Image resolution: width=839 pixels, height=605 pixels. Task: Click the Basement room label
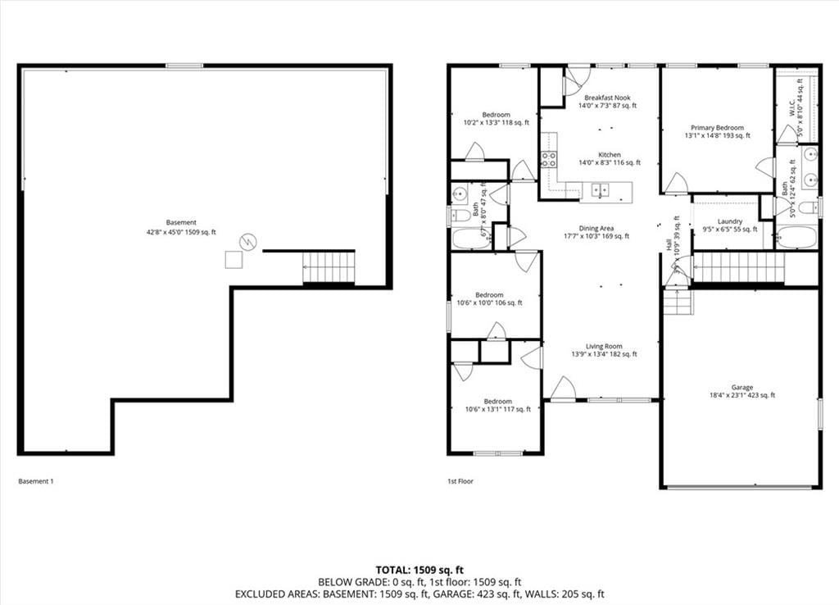(x=181, y=228)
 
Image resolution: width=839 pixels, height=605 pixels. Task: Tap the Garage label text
(x=742, y=391)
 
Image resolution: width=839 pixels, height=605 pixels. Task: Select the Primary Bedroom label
(x=717, y=132)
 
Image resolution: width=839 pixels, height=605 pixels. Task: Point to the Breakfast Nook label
(x=607, y=102)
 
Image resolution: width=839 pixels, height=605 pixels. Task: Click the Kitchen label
(x=610, y=158)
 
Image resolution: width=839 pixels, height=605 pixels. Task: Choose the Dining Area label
(x=596, y=232)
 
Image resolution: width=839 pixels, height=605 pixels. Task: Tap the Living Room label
(x=604, y=350)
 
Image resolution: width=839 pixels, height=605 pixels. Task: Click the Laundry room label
(x=730, y=225)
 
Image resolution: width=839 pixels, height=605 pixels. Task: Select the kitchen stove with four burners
(x=549, y=159)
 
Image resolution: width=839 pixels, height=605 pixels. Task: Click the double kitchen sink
(x=601, y=189)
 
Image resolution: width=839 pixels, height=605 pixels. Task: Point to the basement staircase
(x=329, y=267)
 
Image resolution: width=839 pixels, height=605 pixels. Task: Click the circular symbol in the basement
(x=247, y=242)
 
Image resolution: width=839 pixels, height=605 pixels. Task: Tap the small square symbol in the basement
(x=234, y=260)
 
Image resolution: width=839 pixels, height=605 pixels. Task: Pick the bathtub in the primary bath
(x=796, y=237)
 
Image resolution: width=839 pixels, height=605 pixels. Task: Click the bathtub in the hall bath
(x=472, y=239)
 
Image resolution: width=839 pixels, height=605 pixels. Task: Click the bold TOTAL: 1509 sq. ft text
(x=415, y=570)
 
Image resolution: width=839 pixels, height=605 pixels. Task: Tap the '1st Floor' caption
(x=460, y=481)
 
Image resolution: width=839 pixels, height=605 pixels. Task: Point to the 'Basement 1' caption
(x=36, y=481)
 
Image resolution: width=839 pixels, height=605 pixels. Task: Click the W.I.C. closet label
(x=796, y=107)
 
